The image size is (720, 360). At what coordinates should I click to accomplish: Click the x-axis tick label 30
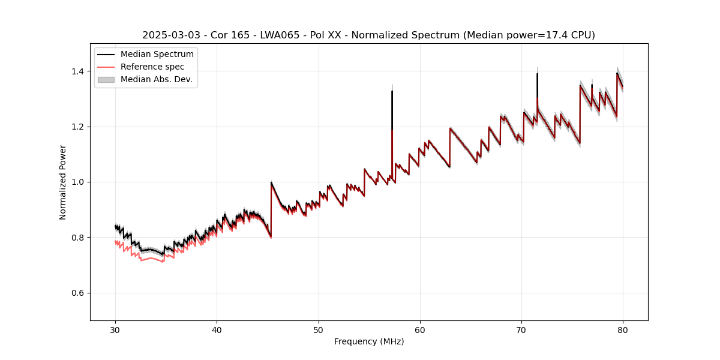[x=115, y=330]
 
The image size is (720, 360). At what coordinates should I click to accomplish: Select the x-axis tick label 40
[x=217, y=330]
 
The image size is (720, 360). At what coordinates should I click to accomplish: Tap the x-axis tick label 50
[x=319, y=330]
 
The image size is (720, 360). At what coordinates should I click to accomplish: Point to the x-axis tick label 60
[x=420, y=330]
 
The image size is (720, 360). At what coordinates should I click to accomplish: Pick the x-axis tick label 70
[x=521, y=330]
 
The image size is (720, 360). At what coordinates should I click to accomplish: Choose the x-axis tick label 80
[x=623, y=330]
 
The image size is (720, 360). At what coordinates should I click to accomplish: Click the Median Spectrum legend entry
[x=157, y=55]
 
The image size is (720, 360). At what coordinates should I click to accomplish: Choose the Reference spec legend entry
[x=152, y=67]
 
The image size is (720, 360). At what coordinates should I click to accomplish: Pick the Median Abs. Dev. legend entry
[x=156, y=79]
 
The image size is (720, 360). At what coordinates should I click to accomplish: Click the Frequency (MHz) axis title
[x=369, y=342]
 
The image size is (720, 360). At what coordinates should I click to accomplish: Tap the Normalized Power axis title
[x=63, y=182]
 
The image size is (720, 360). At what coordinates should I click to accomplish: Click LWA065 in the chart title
[x=281, y=35]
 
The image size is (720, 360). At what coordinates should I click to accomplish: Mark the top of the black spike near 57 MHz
[x=392, y=91]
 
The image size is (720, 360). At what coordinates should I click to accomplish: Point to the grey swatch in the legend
[x=106, y=79]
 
